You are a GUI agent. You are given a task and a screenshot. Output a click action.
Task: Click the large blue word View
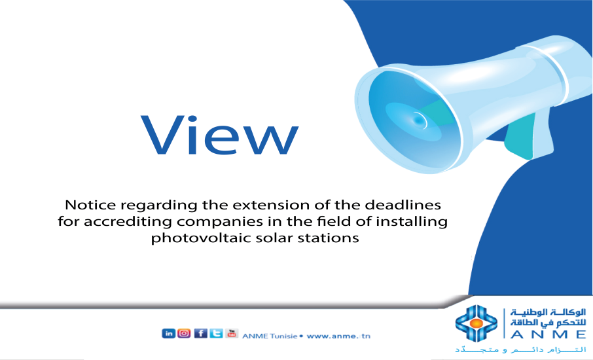[220, 135]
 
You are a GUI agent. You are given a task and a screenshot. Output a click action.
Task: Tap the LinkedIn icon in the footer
[168, 333]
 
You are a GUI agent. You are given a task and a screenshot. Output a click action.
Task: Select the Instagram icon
[184, 333]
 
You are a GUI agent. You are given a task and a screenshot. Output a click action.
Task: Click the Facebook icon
[200, 333]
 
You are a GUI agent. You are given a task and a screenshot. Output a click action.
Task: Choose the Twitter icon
[215, 333]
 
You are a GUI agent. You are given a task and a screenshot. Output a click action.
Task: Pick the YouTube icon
[231, 333]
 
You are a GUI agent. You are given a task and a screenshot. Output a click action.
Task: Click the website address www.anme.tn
[338, 336]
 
